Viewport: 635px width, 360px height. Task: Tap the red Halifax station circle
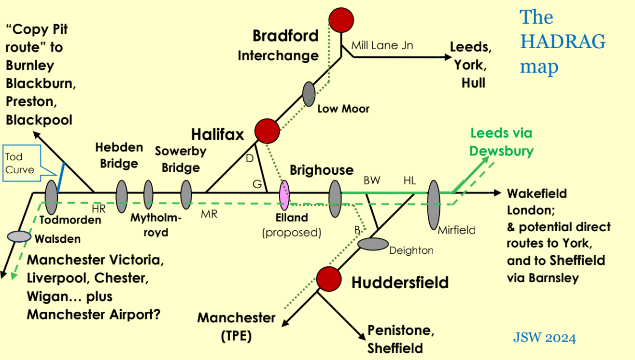pos(267,130)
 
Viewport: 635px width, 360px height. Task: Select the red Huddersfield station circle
pos(329,278)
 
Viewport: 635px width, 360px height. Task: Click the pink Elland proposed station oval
pos(284,194)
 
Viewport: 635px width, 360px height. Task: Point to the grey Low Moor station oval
pos(309,94)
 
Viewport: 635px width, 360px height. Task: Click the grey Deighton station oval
pos(373,244)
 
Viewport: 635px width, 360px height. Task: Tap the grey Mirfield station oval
pos(434,204)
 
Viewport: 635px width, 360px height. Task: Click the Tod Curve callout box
pos(20,163)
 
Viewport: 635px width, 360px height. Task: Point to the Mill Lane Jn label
pos(382,46)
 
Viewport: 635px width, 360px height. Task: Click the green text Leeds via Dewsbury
pos(501,142)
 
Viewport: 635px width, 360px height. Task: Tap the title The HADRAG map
pos(562,42)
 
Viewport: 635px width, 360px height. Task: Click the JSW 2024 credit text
pos(544,338)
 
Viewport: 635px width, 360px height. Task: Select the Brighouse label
pos(321,170)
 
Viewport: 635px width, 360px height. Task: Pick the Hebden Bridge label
pos(119,155)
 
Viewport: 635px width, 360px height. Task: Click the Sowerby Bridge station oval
pos(186,194)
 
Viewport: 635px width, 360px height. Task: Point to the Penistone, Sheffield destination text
pos(398,339)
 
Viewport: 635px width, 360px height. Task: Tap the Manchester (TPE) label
pos(236,327)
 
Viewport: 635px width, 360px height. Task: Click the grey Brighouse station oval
pos(335,195)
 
